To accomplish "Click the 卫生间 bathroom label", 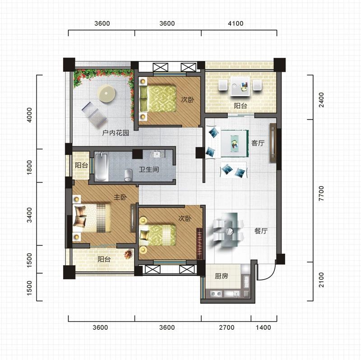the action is (149, 170).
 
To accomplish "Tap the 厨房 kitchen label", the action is (221, 276).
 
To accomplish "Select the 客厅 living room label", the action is (258, 143).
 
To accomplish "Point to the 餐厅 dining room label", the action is (261, 231).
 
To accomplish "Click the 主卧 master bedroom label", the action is (120, 197).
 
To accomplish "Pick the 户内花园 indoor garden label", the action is (116, 133).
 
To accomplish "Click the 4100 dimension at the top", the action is (236, 23).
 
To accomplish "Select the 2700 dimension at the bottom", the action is (227, 327).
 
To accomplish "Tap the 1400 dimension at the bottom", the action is (264, 327).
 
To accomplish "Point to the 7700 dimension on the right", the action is (321, 193).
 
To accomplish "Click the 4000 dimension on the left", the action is (29, 115).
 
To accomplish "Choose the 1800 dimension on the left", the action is (29, 167).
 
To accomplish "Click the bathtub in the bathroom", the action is (102, 166).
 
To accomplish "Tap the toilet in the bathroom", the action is (128, 175).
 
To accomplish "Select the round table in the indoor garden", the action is (106, 94).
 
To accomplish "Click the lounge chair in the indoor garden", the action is (94, 114).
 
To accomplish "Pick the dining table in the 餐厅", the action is (229, 230).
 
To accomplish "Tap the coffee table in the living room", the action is (235, 144).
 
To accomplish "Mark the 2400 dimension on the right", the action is (321, 100).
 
